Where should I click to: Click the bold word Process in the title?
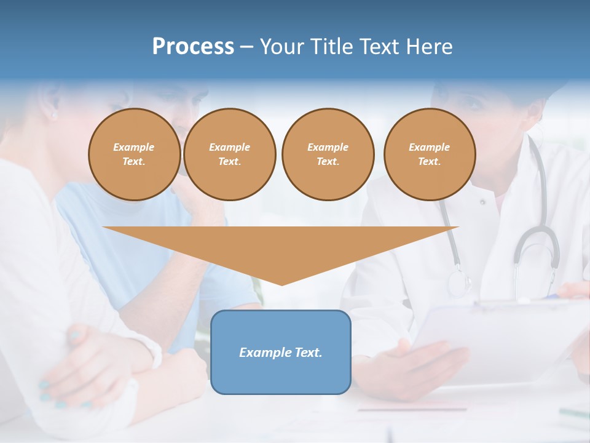coord(193,47)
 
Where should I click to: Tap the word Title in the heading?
coord(330,47)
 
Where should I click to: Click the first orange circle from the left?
coord(134,154)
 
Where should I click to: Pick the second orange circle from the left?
coord(229,154)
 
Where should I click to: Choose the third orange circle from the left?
coord(328,154)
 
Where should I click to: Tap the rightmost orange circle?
coord(429,154)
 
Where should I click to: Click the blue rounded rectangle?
coord(280,352)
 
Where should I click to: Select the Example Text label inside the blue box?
coord(280,353)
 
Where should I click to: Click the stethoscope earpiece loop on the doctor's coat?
coord(537,246)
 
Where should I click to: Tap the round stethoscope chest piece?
coord(459,282)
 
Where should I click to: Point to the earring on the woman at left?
coord(53,115)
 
